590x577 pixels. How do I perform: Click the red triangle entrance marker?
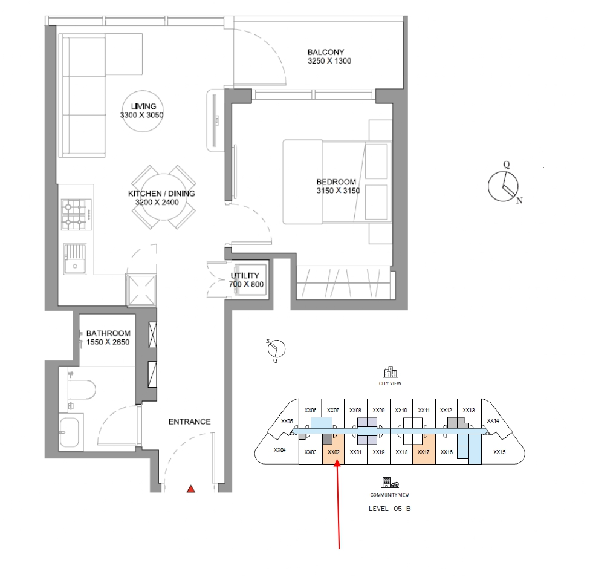[x=191, y=489]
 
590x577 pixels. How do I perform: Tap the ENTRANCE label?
[x=189, y=422]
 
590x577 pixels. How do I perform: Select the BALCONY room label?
[x=329, y=52]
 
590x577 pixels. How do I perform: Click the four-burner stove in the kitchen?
[x=74, y=215]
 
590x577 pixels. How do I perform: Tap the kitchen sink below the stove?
[x=74, y=259]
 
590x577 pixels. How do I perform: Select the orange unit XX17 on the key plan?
[x=423, y=452]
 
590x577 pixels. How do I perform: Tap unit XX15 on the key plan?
[x=499, y=452]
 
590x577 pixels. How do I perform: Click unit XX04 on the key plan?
[x=279, y=450]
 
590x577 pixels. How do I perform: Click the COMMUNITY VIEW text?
[x=390, y=494]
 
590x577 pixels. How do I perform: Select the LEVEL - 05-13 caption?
[x=390, y=509]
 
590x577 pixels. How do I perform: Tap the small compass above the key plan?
[x=276, y=348]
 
